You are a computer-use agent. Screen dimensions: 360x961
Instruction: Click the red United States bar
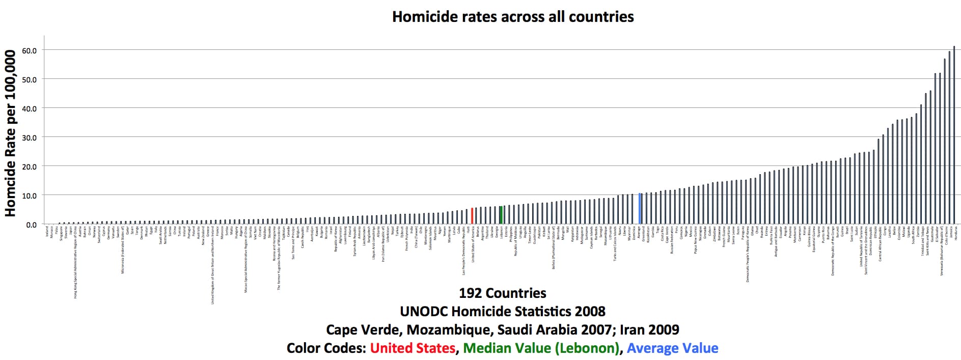472,216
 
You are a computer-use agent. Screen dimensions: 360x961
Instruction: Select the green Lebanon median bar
501,215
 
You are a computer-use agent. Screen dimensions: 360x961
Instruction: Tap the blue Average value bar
640,209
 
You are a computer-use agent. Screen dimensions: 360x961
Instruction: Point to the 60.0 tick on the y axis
29,50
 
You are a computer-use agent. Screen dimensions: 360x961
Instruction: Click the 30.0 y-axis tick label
29,137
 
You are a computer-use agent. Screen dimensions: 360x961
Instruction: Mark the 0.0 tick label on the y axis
31,225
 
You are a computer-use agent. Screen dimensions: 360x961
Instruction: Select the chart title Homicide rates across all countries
512,17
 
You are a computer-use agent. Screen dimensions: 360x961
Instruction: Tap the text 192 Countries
502,293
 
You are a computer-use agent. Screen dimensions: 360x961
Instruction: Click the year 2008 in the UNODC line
590,312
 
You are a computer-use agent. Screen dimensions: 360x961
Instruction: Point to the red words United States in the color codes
413,348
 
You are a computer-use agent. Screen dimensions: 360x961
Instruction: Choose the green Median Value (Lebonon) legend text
541,348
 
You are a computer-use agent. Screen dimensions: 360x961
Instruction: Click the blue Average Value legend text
672,348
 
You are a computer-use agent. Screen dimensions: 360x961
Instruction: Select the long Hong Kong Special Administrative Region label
76,262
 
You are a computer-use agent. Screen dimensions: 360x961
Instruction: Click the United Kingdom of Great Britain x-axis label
213,265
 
